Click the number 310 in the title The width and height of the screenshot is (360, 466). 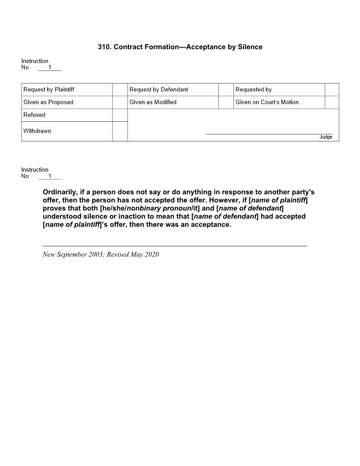tap(104, 47)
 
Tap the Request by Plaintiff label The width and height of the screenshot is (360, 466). tap(49, 90)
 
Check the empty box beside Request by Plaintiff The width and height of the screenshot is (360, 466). tap(120, 90)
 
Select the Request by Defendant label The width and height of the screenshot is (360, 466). tap(158, 90)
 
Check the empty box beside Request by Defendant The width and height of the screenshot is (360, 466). tap(226, 90)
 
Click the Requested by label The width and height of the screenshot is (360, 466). tap(253, 90)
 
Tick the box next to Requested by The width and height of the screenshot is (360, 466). tap(332, 90)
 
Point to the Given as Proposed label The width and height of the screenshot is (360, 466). tap(48, 102)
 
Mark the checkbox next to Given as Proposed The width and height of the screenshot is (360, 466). tap(120, 102)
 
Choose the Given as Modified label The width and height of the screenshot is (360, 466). tap(153, 102)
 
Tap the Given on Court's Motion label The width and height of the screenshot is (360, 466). tap(267, 102)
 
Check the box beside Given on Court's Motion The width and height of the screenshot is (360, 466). tap(332, 102)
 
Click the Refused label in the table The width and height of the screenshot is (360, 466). tap(34, 115)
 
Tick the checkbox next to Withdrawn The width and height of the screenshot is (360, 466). tap(120, 132)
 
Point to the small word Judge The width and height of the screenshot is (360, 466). tap(326, 137)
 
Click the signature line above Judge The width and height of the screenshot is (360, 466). tap(269, 134)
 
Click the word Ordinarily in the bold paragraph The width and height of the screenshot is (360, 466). tap(60, 192)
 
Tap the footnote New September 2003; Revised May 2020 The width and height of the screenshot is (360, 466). tap(101, 255)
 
